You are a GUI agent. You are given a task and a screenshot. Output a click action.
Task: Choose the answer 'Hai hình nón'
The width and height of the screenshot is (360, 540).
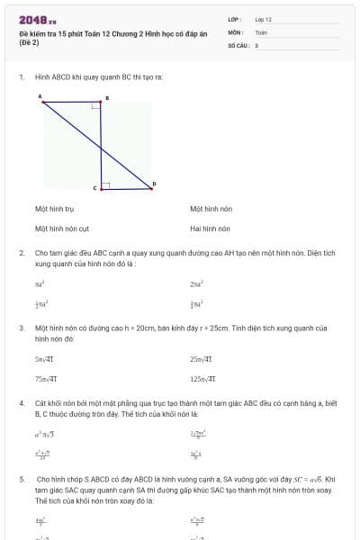point(210,229)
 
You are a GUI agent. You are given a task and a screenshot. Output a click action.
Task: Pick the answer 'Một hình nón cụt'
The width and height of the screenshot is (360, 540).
point(61,229)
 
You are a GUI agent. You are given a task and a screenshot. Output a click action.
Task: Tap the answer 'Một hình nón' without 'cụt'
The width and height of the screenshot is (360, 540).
point(211,209)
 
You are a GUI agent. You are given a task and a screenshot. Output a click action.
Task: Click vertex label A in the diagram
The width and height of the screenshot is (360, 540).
point(40,94)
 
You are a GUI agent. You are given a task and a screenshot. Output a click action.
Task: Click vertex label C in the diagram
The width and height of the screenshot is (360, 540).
point(94,188)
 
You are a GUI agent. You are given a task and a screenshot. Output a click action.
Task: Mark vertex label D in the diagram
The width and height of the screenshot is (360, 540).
point(154,184)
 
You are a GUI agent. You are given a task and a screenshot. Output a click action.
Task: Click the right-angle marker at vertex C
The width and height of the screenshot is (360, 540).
point(105,186)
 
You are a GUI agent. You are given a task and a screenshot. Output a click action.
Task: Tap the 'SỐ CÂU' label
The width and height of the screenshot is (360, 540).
point(238,44)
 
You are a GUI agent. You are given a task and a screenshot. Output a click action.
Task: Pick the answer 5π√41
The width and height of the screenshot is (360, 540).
point(46,359)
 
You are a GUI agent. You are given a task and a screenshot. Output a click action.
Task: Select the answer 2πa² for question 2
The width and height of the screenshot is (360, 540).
point(196,283)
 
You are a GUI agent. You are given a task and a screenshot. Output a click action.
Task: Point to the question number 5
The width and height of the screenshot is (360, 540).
point(22,480)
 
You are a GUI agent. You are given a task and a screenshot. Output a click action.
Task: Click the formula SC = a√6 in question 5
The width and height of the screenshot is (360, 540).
point(316,480)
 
